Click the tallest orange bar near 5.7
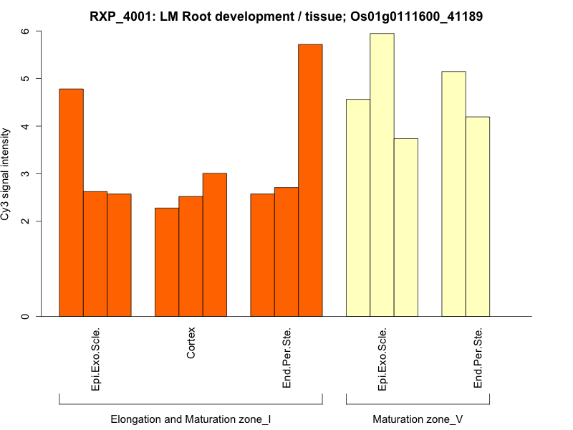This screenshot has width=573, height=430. point(310,180)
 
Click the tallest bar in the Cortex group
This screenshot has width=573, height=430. point(215,244)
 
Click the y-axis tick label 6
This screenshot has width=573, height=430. point(26,32)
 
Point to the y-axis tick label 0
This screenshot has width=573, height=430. point(26,316)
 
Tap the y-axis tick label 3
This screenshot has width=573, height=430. point(26,174)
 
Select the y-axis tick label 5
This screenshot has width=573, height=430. point(26,78)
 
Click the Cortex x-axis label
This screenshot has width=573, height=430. point(191,344)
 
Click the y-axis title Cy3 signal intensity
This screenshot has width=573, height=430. point(6,174)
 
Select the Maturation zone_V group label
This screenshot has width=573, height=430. point(418,419)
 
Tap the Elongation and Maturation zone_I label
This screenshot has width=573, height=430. point(191,419)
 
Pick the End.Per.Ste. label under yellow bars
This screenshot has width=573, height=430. point(478,358)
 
